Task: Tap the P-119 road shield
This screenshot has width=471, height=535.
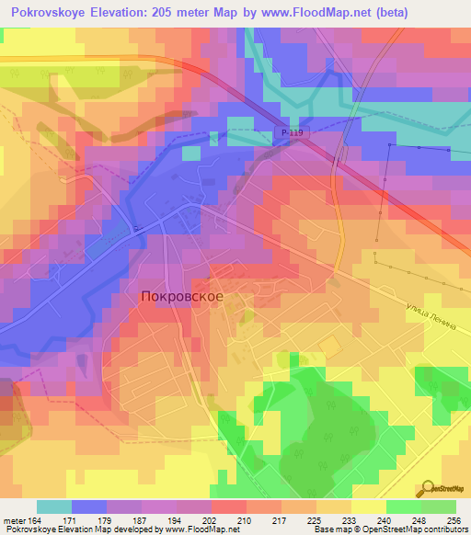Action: [x=291, y=133]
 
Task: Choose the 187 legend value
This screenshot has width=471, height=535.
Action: [x=141, y=521]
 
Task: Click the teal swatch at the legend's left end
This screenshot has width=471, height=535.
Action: [x=54, y=507]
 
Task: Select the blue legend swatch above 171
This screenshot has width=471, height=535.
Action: [x=89, y=507]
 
